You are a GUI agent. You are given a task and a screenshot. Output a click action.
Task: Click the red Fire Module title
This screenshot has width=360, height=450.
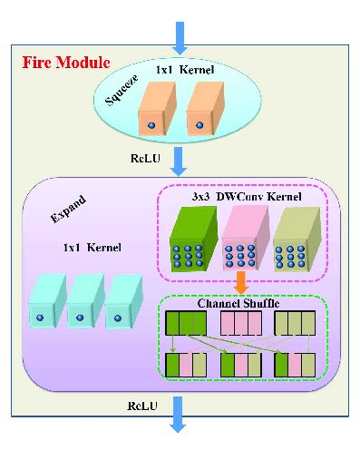[x=65, y=64]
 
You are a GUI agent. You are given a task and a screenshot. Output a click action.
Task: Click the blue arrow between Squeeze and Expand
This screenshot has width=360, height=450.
[x=180, y=161]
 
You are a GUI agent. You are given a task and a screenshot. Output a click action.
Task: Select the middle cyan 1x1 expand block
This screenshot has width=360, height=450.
[x=83, y=300]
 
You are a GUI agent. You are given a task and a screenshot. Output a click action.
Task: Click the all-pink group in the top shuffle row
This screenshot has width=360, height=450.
[x=241, y=324]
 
